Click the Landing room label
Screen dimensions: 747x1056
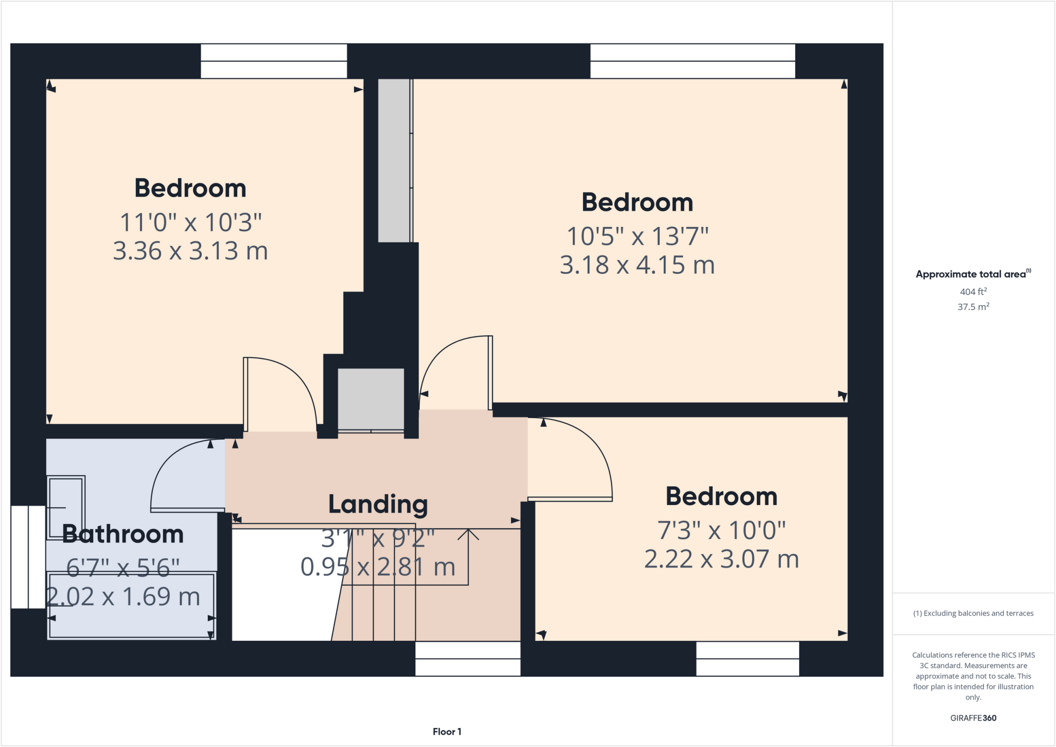[x=378, y=504]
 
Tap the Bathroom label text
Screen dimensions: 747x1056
[x=123, y=534]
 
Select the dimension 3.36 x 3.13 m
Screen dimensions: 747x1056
[x=190, y=251]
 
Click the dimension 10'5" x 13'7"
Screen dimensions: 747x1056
[x=637, y=237]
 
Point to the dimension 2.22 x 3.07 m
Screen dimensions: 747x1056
[x=721, y=559]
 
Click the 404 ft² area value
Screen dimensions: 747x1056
[x=973, y=292]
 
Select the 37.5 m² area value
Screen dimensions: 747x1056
[x=973, y=307]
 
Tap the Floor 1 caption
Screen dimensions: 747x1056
[x=447, y=732]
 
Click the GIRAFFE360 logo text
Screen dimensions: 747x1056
[x=973, y=718]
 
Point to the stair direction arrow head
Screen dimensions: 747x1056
[x=468, y=534]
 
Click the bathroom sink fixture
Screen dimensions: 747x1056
[x=65, y=508]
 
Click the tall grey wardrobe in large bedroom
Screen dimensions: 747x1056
[x=394, y=160]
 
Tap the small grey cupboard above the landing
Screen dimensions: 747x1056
[x=371, y=399]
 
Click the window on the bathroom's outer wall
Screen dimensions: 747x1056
[x=28, y=557]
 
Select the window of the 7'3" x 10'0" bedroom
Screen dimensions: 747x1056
[x=747, y=658]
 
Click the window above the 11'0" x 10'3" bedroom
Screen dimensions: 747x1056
[x=274, y=61]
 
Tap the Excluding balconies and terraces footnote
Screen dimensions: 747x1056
[x=973, y=613]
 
